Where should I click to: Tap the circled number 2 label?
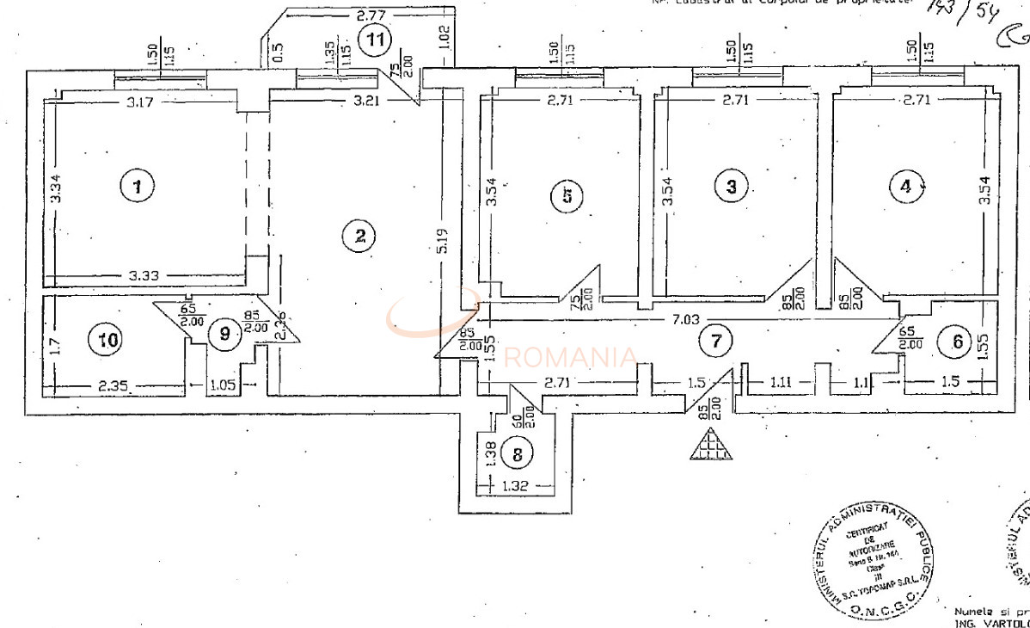360,237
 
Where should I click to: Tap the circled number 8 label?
517,452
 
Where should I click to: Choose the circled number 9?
225,333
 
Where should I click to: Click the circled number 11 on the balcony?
375,40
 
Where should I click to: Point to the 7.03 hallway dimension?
685,319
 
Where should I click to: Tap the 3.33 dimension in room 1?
144,275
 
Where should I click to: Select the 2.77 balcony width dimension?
369,15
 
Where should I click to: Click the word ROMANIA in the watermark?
571,356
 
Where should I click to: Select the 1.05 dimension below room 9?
223,386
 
